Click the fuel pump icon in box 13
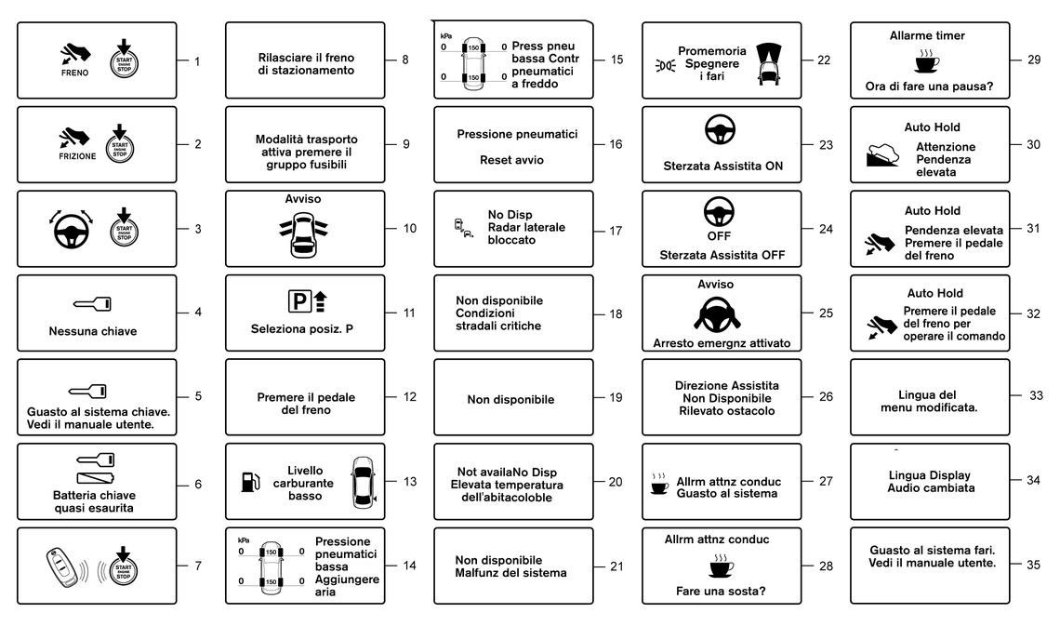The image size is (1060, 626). click(x=250, y=482)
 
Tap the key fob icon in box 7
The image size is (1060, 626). click(x=61, y=567)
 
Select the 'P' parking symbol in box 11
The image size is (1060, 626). click(x=298, y=300)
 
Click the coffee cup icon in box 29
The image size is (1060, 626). click(x=927, y=60)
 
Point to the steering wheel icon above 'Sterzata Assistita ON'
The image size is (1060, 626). click(x=720, y=130)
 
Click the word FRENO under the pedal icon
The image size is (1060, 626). click(x=74, y=73)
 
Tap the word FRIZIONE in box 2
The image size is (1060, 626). click(x=77, y=156)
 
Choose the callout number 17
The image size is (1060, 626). click(x=616, y=231)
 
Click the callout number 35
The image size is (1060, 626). click(x=1033, y=565)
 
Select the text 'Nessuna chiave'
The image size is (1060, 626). click(x=93, y=331)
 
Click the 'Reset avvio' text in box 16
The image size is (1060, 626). click(x=511, y=160)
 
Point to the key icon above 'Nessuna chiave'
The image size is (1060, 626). click(x=93, y=304)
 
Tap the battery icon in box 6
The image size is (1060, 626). click(x=96, y=478)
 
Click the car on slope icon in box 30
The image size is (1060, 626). click(x=882, y=154)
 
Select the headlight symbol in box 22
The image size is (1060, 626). click(x=665, y=65)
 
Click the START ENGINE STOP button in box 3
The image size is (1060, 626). click(x=124, y=229)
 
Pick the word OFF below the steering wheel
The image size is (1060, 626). click(x=719, y=236)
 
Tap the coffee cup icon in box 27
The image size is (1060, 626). click(x=659, y=484)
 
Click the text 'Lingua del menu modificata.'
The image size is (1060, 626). click(x=929, y=401)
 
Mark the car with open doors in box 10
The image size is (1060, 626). click(x=303, y=234)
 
